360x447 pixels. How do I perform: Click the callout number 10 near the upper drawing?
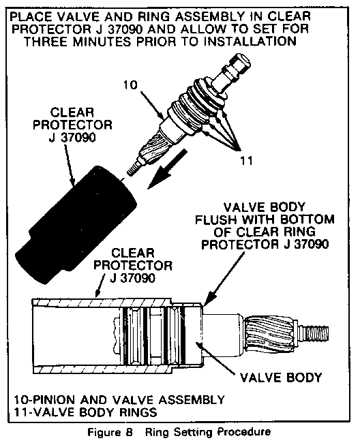pyautogui.click(x=131, y=85)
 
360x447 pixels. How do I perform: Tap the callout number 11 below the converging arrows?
pyautogui.click(x=246, y=161)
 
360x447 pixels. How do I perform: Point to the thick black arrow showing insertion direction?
pyautogui.click(x=168, y=168)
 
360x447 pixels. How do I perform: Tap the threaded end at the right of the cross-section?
pyautogui.click(x=314, y=333)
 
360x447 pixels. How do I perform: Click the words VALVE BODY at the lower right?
pyautogui.click(x=281, y=377)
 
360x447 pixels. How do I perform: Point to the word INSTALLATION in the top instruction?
pyautogui.click(x=250, y=42)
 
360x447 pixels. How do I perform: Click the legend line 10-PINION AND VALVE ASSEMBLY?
pyautogui.click(x=119, y=400)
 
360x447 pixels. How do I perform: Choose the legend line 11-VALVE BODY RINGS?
pyautogui.click(x=86, y=412)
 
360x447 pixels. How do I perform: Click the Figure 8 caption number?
pyautogui.click(x=130, y=432)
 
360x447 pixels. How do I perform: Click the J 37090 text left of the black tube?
pyautogui.click(x=72, y=138)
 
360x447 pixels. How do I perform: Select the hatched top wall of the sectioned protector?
pyautogui.click(x=102, y=302)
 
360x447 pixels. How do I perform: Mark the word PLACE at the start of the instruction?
pyautogui.click(x=31, y=16)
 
